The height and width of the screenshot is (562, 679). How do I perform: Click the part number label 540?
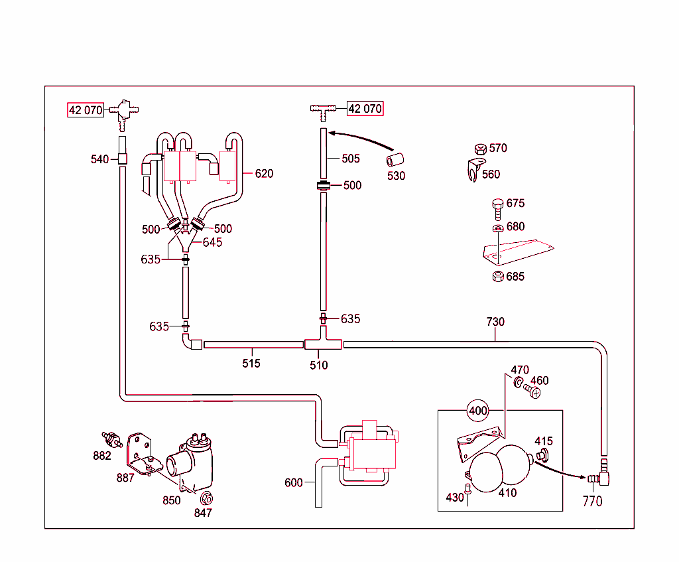point(99,159)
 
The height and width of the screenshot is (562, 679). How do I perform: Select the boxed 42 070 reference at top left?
point(86,110)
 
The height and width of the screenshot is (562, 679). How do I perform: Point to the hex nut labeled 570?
point(481,149)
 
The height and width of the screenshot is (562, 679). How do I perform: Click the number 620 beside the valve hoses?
point(264,174)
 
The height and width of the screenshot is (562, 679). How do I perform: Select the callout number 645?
point(213,242)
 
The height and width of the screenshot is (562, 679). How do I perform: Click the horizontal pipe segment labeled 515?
point(253,344)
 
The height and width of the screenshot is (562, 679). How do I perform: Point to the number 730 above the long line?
point(495,322)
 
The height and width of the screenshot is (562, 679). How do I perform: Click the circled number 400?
point(478,411)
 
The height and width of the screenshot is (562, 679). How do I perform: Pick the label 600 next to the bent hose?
point(294,482)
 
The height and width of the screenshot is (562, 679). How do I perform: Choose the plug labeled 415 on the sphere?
point(543,455)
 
